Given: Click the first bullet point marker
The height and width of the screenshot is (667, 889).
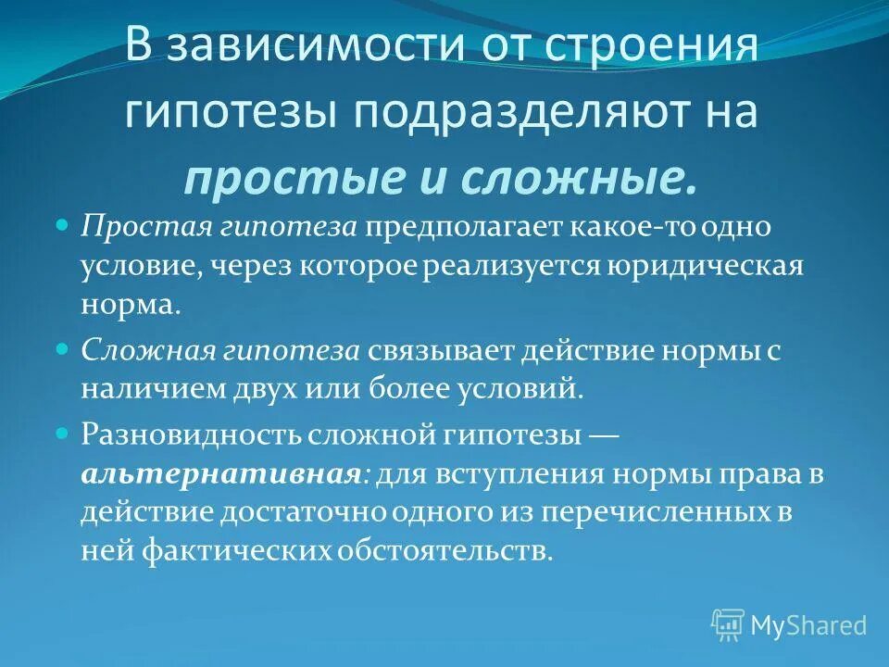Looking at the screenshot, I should coord(63,225).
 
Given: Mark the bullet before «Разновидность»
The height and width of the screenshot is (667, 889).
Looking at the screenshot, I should coord(63,433).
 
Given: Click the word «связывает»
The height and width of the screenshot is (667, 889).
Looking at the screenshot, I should coord(441,350).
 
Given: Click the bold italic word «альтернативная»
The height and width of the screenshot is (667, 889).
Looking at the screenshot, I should coord(220,473).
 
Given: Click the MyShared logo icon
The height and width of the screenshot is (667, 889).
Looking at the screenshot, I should coord(728,625).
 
